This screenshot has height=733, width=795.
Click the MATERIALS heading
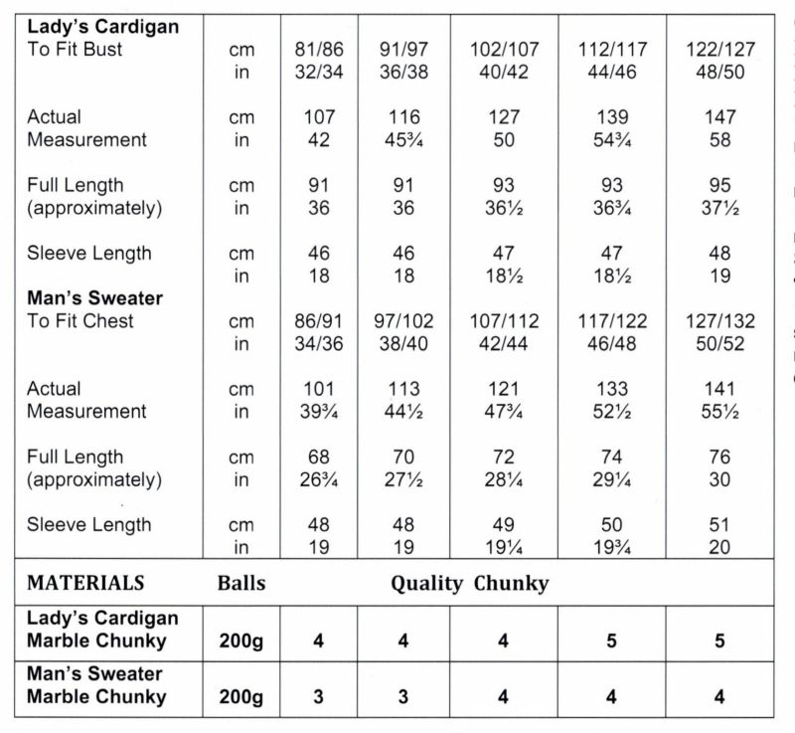click(x=85, y=583)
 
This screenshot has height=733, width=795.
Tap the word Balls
click(x=241, y=583)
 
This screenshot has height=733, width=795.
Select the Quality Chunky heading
click(x=469, y=583)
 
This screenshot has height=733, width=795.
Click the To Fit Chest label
click(x=80, y=320)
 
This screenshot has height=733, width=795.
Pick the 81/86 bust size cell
click(x=318, y=49)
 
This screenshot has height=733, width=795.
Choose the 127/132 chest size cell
click(x=720, y=320)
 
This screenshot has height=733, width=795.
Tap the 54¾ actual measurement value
click(x=612, y=139)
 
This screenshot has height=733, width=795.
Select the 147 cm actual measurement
click(x=720, y=117)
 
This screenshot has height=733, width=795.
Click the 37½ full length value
click(x=720, y=208)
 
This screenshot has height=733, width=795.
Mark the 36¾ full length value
click(x=612, y=208)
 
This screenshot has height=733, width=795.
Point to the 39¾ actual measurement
click(x=318, y=411)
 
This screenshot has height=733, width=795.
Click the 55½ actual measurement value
click(x=720, y=411)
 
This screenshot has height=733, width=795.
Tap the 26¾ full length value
click(x=318, y=479)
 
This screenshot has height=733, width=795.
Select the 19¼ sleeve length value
click(x=504, y=547)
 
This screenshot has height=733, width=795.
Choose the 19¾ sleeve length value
click(x=612, y=547)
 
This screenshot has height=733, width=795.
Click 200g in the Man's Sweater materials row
click(x=241, y=696)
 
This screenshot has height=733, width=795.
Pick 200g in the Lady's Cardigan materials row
click(x=241, y=641)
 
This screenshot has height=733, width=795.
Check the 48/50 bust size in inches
click(x=720, y=72)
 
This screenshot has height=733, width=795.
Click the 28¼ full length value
click(x=504, y=479)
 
